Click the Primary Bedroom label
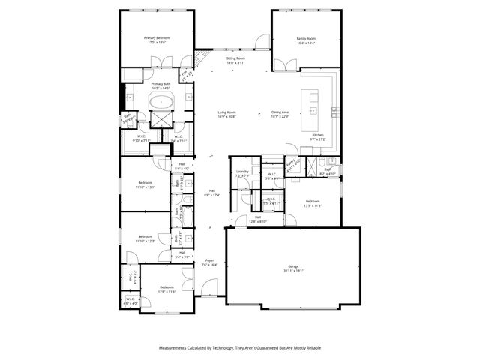pos(157,38)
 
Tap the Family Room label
pos(306,38)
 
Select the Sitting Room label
pos(236,58)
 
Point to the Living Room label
pos(226,112)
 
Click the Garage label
pos(293,266)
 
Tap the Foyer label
pos(209,260)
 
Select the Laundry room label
pos(241,172)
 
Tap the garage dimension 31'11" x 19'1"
pos(293,271)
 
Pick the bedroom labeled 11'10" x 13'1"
pos(145,185)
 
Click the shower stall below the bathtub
pos(162,118)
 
